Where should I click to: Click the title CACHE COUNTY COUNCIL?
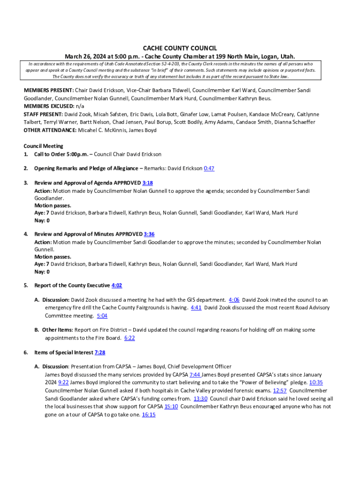click(180, 48)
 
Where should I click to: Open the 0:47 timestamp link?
click(209, 168)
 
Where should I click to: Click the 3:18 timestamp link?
click(148, 183)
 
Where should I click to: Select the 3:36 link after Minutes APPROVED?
click(149, 234)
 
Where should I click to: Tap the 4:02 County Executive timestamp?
click(117, 285)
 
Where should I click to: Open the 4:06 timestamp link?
click(234, 300)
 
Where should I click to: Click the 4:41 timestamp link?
click(196, 308)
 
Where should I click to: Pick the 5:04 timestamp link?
click(102, 316)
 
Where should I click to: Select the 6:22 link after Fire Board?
click(130, 338)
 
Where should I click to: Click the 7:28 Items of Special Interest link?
click(100, 353)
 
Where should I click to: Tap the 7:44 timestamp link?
click(195, 375)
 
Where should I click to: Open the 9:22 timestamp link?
click(64, 383)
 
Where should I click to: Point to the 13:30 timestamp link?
click(201, 399)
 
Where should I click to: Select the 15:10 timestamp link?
click(171, 406)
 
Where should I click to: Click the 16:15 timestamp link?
click(149, 414)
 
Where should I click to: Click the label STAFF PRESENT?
click(43, 114)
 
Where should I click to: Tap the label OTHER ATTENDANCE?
click(50, 130)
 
